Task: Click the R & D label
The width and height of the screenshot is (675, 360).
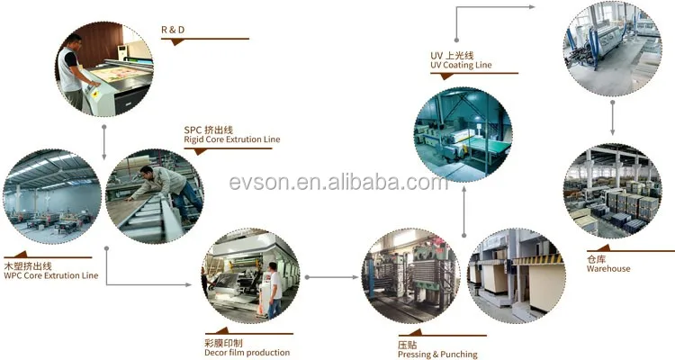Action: point(173,29)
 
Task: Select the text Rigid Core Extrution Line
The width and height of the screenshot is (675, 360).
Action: point(231,140)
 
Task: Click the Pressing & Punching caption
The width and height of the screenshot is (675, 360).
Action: point(437,355)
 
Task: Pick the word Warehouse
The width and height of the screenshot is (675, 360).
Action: point(608,269)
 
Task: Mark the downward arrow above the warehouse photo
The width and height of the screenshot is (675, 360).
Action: point(612,115)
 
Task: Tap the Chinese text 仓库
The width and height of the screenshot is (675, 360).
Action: point(598,257)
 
